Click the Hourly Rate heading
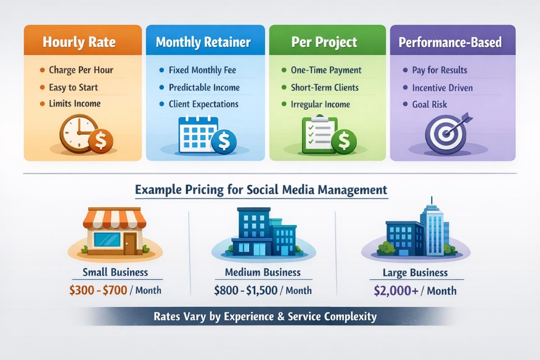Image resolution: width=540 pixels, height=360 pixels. (79, 42)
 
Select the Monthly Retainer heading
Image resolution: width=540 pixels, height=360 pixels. (203, 42)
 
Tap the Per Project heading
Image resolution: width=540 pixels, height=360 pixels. (324, 42)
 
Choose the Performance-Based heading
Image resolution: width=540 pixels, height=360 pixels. (450, 43)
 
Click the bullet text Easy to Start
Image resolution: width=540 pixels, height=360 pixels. (73, 87)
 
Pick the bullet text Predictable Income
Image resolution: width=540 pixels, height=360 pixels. (204, 87)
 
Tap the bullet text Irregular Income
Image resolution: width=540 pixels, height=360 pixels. (320, 104)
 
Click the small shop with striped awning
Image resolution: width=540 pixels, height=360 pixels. (115, 231)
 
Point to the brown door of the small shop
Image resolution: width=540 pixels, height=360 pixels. (130, 244)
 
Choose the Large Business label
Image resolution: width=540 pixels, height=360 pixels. (415, 273)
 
